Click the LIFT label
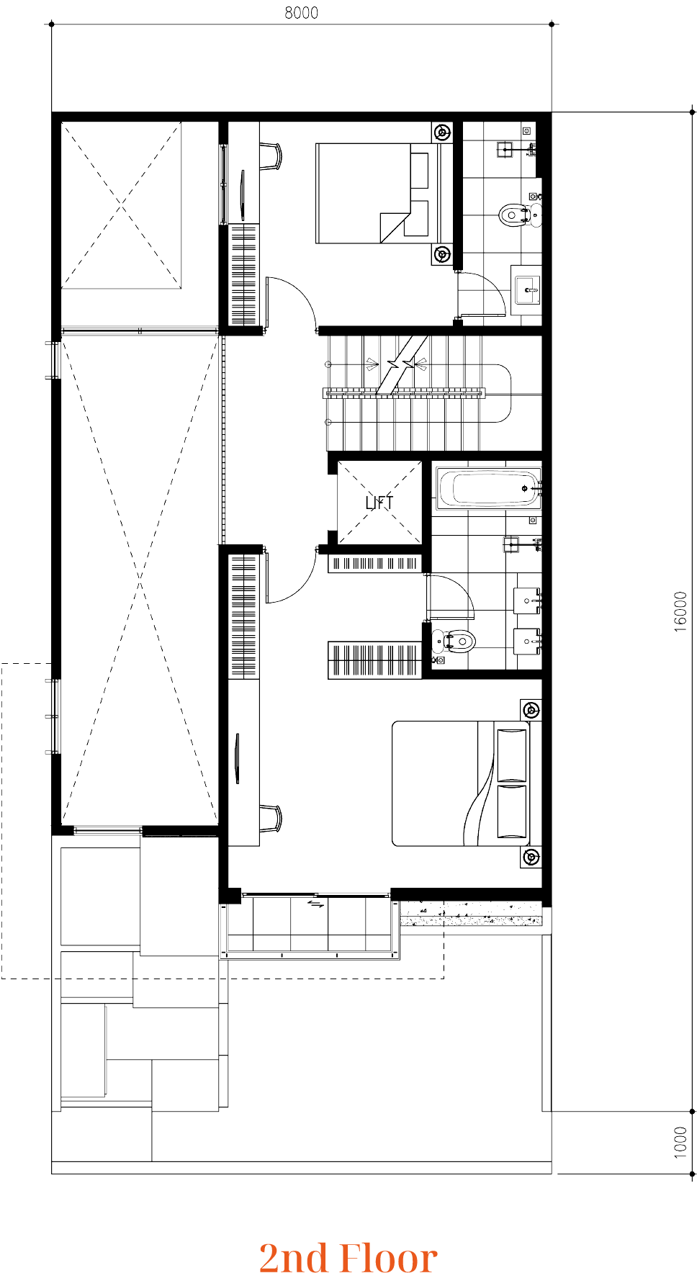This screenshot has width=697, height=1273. pos(379,503)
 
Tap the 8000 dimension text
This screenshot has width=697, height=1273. pos(302,13)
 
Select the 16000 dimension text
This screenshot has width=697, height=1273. pos(681,612)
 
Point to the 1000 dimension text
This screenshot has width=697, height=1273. pos(681,1143)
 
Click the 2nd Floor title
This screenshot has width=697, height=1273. pos(348,1257)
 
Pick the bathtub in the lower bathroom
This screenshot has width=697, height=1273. pos(489,489)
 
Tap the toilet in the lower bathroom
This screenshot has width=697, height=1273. pos(454,641)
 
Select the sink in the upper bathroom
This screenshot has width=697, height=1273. pos(526,290)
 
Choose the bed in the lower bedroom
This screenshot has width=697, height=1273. pos(461,783)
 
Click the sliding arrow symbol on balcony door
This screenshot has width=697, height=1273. pos(316,903)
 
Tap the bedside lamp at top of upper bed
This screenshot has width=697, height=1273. pos(442,132)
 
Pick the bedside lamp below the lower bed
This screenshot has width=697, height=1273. pos(531,856)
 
